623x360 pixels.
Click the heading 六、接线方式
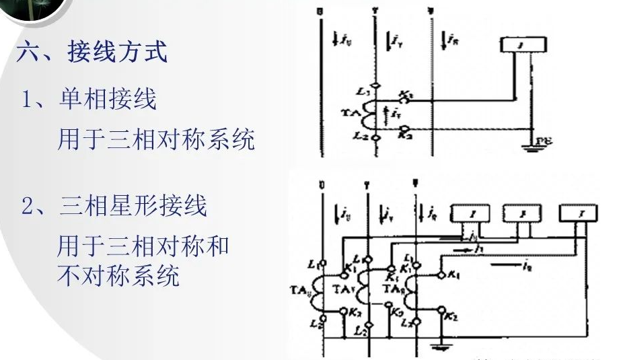92,52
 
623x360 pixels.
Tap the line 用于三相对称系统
156,140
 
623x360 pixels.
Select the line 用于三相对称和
143,246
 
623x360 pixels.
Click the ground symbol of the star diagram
441,347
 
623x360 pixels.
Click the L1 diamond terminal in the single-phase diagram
377,86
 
